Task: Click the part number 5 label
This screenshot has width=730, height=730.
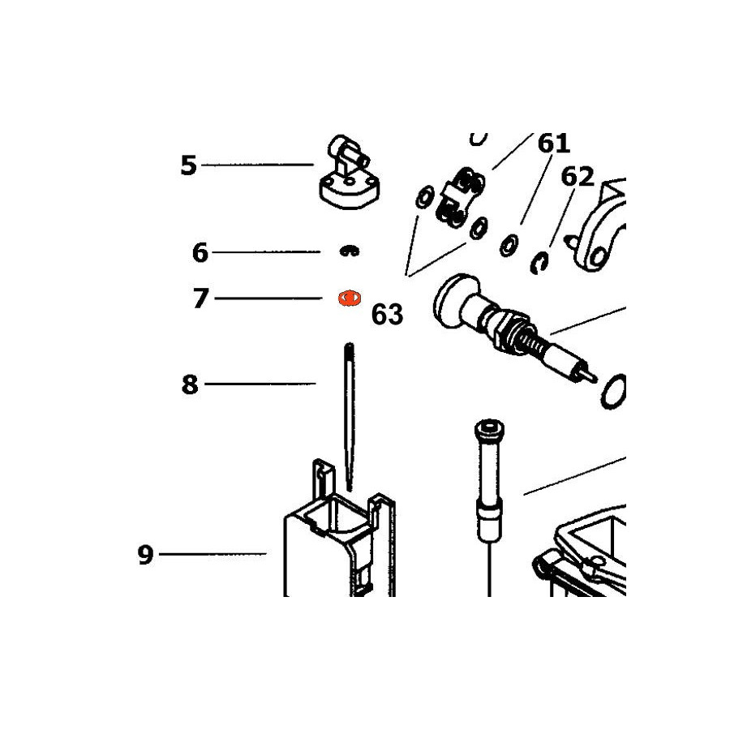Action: tap(188, 165)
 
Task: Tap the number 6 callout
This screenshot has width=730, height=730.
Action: tap(200, 253)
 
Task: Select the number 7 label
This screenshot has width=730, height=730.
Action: tap(200, 298)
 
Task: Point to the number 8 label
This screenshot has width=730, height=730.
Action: tap(190, 385)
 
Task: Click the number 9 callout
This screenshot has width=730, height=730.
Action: tap(145, 555)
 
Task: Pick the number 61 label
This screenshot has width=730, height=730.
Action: tap(553, 144)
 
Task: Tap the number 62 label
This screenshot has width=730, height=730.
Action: tap(578, 177)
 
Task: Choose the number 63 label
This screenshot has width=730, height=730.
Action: tap(387, 315)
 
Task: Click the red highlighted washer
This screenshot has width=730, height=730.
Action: tap(349, 298)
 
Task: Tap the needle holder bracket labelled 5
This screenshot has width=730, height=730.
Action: tap(349, 174)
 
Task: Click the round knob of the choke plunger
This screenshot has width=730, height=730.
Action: tap(455, 300)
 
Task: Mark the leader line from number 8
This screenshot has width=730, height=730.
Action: tap(260, 384)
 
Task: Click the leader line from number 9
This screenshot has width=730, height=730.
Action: tap(213, 554)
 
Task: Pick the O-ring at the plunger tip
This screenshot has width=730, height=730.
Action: tap(612, 391)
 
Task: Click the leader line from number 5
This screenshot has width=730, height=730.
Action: tap(257, 165)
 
